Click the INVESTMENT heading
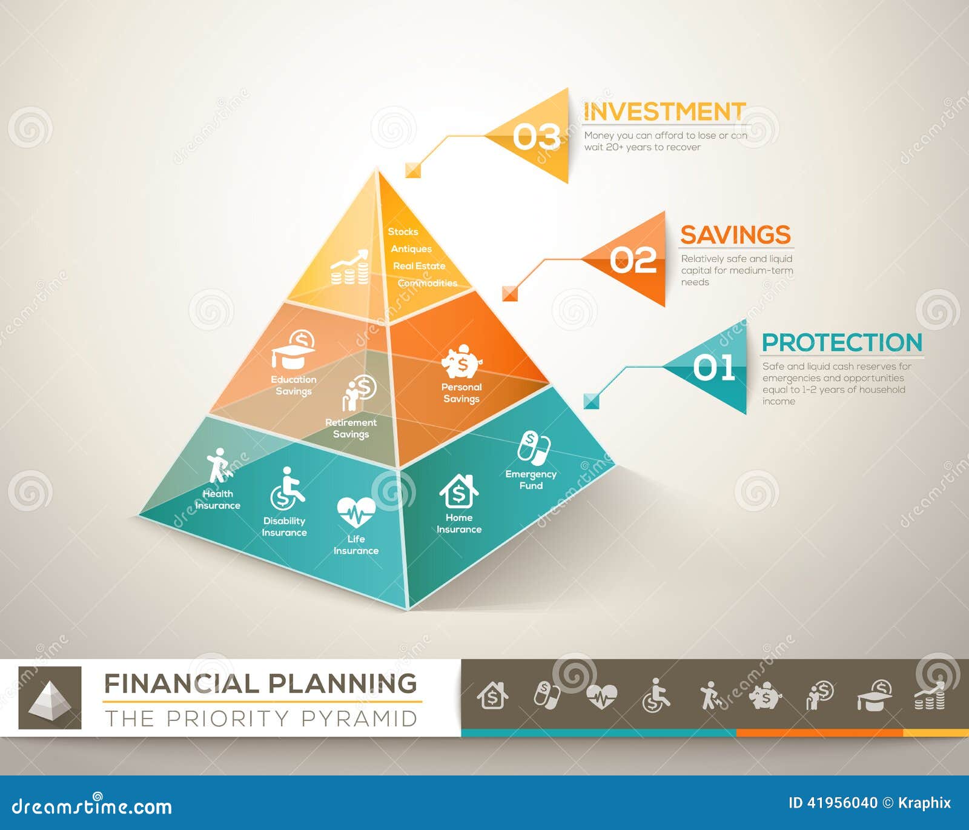(x=664, y=112)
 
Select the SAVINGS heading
(x=735, y=235)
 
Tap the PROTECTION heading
(x=842, y=343)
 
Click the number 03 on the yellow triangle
(x=536, y=137)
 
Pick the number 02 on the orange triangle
(x=633, y=261)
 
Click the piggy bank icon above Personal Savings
(x=461, y=362)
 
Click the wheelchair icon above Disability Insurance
(x=286, y=489)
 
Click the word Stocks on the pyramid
(x=403, y=231)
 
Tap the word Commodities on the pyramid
(x=428, y=283)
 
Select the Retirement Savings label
(x=351, y=428)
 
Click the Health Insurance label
(x=217, y=500)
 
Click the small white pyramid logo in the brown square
(x=50, y=697)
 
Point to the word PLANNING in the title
(x=343, y=683)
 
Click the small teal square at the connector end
(x=591, y=401)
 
